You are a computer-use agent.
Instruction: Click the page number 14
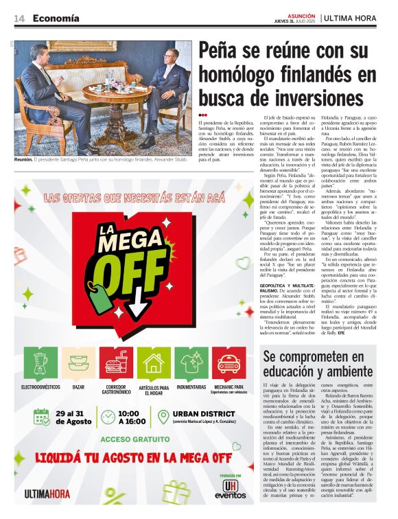pos(19,19)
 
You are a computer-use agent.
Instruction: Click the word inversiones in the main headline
pos(317,97)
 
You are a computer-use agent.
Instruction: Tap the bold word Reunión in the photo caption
pos(24,159)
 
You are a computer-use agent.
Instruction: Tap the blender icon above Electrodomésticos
pos(40,362)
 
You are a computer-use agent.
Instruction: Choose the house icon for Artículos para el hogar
pos(153,362)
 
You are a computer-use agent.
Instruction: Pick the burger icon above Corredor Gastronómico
pos(115,362)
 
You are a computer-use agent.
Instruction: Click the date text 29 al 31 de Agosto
pos(71,417)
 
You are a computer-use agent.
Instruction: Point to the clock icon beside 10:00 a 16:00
pos(108,417)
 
